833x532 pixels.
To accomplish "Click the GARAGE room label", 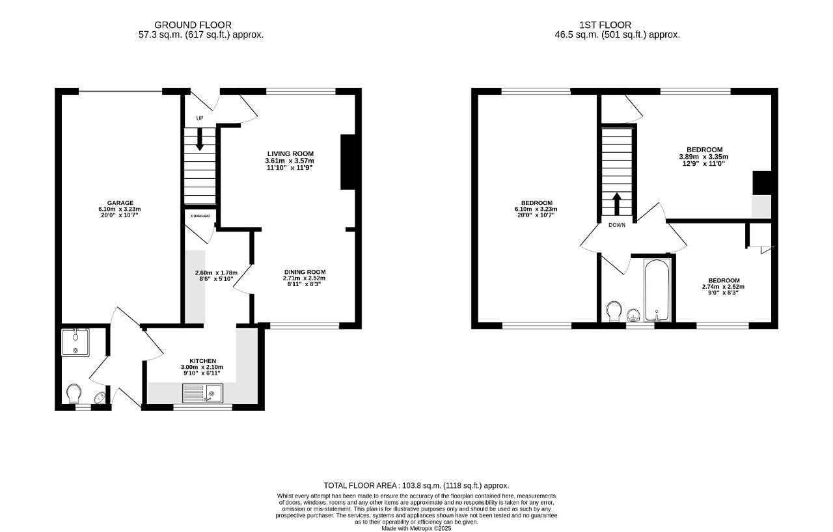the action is [x=120, y=203].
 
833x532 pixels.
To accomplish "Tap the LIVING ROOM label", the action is [x=290, y=153].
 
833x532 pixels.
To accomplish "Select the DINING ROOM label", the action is [x=305, y=272].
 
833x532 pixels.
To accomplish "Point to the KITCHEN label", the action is [x=202, y=361].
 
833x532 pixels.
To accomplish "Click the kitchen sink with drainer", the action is [x=202, y=393].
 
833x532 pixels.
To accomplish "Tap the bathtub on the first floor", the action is [x=657, y=290].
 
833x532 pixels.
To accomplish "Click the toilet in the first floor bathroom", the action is [x=614, y=312].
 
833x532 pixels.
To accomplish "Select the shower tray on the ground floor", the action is [x=75, y=343].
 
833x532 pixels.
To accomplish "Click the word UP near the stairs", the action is [x=200, y=118].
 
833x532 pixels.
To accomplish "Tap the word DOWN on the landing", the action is [x=617, y=225].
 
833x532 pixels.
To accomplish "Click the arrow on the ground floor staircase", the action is [x=200, y=139].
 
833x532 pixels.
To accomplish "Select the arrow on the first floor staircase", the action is [x=617, y=204].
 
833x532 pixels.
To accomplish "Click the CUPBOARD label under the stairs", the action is [x=200, y=216].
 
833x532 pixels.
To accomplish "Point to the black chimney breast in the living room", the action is [x=348, y=162].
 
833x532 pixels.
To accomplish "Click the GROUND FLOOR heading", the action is [x=193, y=25].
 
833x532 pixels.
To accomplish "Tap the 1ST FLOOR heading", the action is [x=605, y=25].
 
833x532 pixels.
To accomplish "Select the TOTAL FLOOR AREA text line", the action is [x=416, y=485].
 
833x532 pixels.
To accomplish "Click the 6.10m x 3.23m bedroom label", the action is [x=536, y=209].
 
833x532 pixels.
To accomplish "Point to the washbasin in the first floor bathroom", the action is [x=634, y=315].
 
